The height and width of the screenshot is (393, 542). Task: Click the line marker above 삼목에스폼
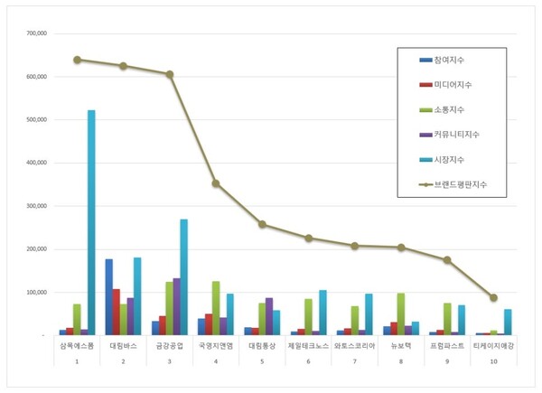(77, 60)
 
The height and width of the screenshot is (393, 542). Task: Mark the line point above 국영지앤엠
(216, 183)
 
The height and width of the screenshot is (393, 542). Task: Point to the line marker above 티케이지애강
(493, 297)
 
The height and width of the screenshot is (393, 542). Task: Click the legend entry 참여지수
(455, 61)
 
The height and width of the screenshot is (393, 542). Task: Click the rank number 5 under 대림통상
(262, 361)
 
